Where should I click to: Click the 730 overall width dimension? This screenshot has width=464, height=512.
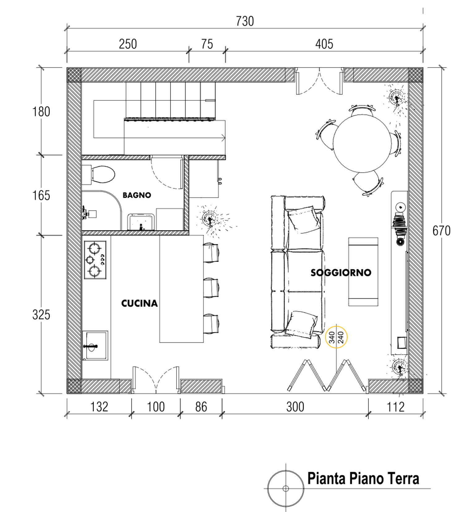pyautogui.click(x=245, y=21)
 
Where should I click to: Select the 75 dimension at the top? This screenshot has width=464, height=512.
pyautogui.click(x=207, y=44)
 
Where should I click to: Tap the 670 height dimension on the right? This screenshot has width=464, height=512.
pyautogui.click(x=441, y=231)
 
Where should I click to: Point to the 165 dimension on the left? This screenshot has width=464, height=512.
pyautogui.click(x=41, y=195)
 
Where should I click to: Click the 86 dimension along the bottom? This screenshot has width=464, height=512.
pyautogui.click(x=201, y=407)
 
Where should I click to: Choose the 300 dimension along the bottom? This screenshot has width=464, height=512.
pyautogui.click(x=295, y=407)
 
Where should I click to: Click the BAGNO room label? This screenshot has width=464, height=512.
pyautogui.click(x=137, y=195)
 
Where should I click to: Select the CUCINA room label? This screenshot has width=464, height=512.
pyautogui.click(x=140, y=303)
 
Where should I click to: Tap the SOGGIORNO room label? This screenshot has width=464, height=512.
pyautogui.click(x=341, y=273)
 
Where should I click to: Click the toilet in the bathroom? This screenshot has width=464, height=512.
pyautogui.click(x=99, y=175)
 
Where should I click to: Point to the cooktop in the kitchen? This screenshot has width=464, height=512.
pyautogui.click(x=95, y=260)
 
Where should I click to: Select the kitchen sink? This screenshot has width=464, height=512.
pyautogui.click(x=95, y=345)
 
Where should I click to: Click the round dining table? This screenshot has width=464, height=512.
pyautogui.click(x=362, y=143)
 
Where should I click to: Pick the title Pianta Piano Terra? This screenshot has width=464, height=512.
pyautogui.click(x=363, y=478)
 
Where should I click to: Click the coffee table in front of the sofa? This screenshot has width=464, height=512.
pyautogui.click(x=363, y=272)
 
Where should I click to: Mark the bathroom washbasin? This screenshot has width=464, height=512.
pyautogui.click(x=141, y=222)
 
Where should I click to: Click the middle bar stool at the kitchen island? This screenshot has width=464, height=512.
pyautogui.click(x=211, y=288)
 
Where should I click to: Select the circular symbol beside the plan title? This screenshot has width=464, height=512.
pyautogui.click(x=286, y=489)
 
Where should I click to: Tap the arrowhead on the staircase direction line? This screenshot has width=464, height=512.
pyautogui.click(x=223, y=138)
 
